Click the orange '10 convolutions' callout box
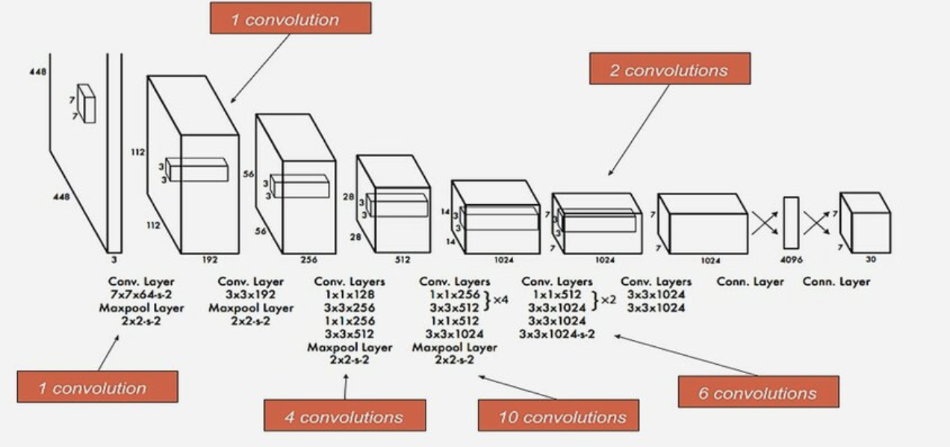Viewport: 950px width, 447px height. [559, 416]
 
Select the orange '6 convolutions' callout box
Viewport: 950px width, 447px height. [758, 392]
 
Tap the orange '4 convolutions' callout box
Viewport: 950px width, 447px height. [344, 416]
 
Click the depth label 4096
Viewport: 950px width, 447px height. [791, 261]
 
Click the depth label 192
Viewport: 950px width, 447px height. [210, 261]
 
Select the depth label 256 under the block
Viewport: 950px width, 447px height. [308, 261]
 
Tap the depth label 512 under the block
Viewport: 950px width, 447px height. [403, 261]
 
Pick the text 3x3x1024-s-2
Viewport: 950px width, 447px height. [557, 333]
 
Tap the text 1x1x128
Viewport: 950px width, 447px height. [350, 295]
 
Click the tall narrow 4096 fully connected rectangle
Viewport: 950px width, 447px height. [791, 223]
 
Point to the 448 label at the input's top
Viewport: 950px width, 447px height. [38, 72]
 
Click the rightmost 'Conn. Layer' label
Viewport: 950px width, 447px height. [836, 282]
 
